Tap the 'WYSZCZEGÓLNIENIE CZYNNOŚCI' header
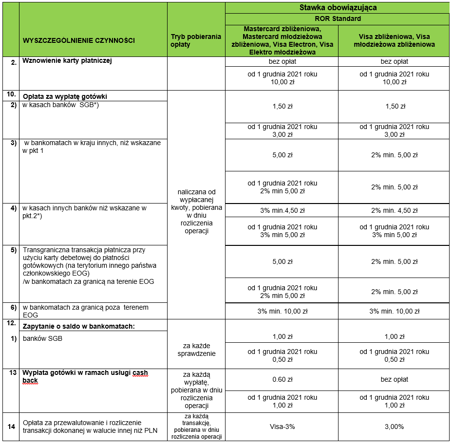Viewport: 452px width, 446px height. click(79, 40)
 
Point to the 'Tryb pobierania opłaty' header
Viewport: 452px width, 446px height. click(196, 40)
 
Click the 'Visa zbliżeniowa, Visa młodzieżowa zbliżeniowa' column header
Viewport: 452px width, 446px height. click(394, 40)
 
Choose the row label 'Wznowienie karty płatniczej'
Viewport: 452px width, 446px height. click(68, 61)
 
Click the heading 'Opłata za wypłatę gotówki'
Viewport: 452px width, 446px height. click(65, 96)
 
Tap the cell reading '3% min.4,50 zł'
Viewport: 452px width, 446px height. click(282, 210)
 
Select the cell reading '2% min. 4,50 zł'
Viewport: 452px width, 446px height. click(394, 210)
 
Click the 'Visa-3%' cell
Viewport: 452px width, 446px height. click(282, 427)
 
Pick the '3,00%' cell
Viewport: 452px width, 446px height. click(394, 427)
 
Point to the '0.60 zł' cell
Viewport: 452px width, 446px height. click(282, 379)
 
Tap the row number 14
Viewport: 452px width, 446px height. click(11, 427)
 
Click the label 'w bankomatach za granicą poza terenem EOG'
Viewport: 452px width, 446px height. click(85, 311)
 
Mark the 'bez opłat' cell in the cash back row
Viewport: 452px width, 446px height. click(394, 379)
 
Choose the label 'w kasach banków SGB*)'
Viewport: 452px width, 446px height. click(61, 105)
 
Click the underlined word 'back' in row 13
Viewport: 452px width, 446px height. click(30, 381)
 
